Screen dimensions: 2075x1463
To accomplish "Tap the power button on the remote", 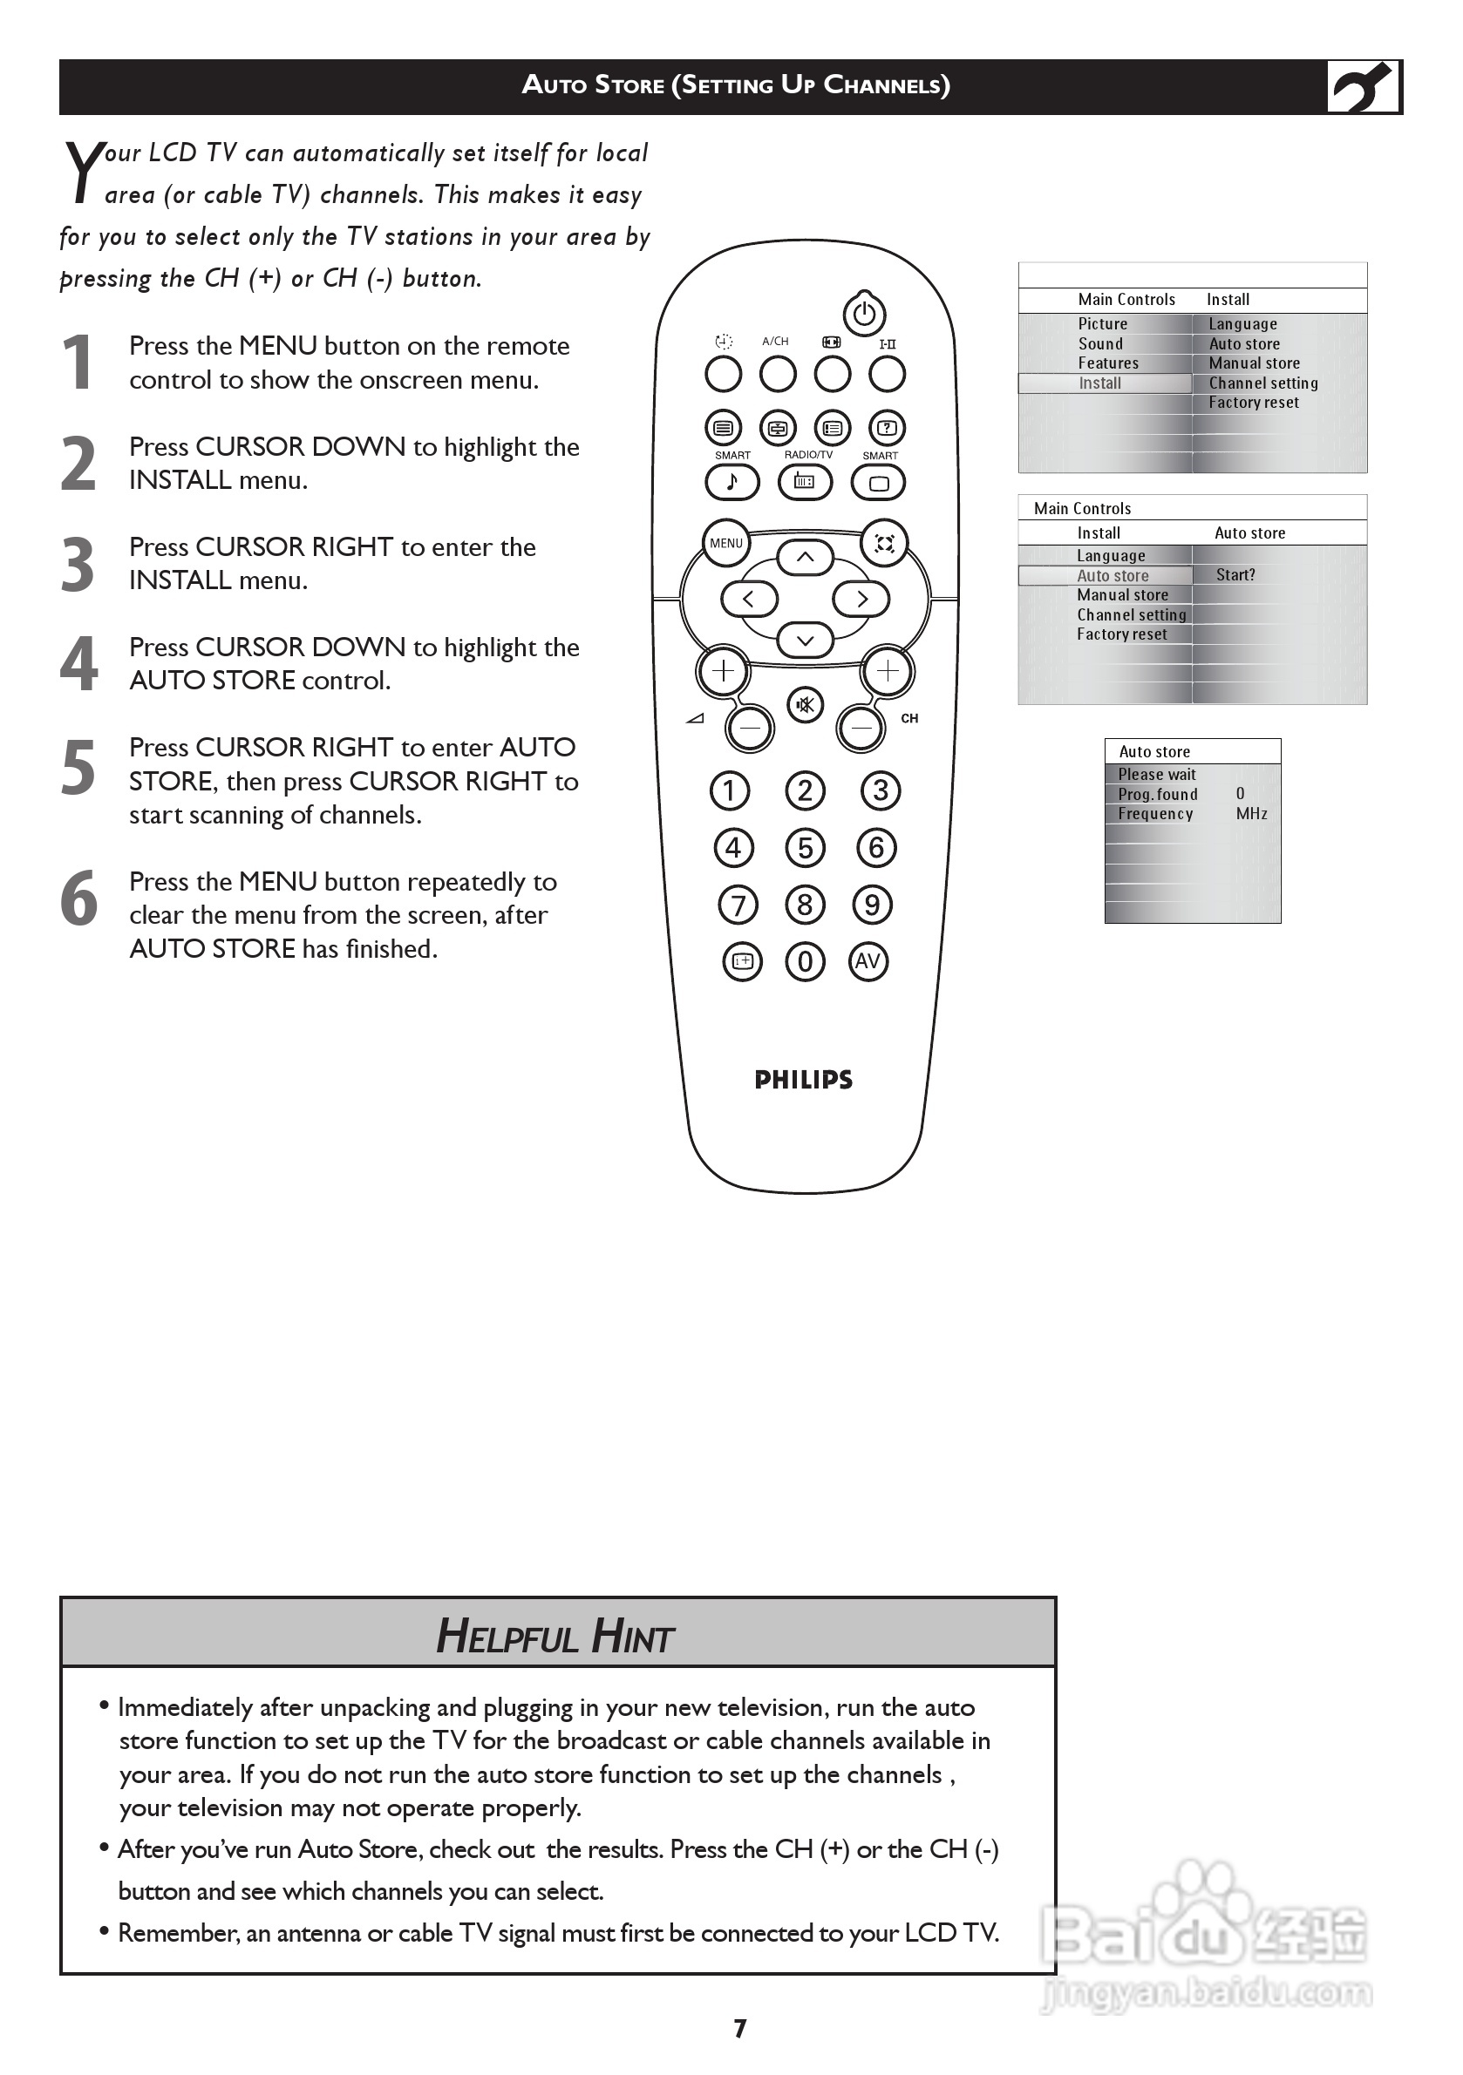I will point(863,314).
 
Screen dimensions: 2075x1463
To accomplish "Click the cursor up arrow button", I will point(805,558).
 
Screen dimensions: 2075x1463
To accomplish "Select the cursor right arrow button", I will point(861,599).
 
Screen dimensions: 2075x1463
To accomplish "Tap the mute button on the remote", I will point(805,704).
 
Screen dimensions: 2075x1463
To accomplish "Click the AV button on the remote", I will point(868,960).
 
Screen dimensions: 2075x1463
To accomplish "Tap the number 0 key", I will point(805,960).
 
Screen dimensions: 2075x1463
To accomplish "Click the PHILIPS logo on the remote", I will point(803,1079).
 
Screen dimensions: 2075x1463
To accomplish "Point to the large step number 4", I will point(78,663).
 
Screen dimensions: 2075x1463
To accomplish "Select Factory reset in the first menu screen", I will point(1253,403).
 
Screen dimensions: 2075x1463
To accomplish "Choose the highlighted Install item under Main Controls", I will point(1099,383).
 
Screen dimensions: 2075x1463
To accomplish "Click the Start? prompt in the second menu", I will point(1235,575).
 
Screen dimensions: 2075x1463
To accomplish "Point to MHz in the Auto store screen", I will point(1251,813).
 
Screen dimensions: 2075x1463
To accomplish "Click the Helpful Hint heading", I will point(555,1637).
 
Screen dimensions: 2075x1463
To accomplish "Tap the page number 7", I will point(739,2029).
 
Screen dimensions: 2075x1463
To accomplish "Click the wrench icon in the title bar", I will point(1363,87).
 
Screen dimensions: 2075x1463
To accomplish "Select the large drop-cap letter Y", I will point(83,172).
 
